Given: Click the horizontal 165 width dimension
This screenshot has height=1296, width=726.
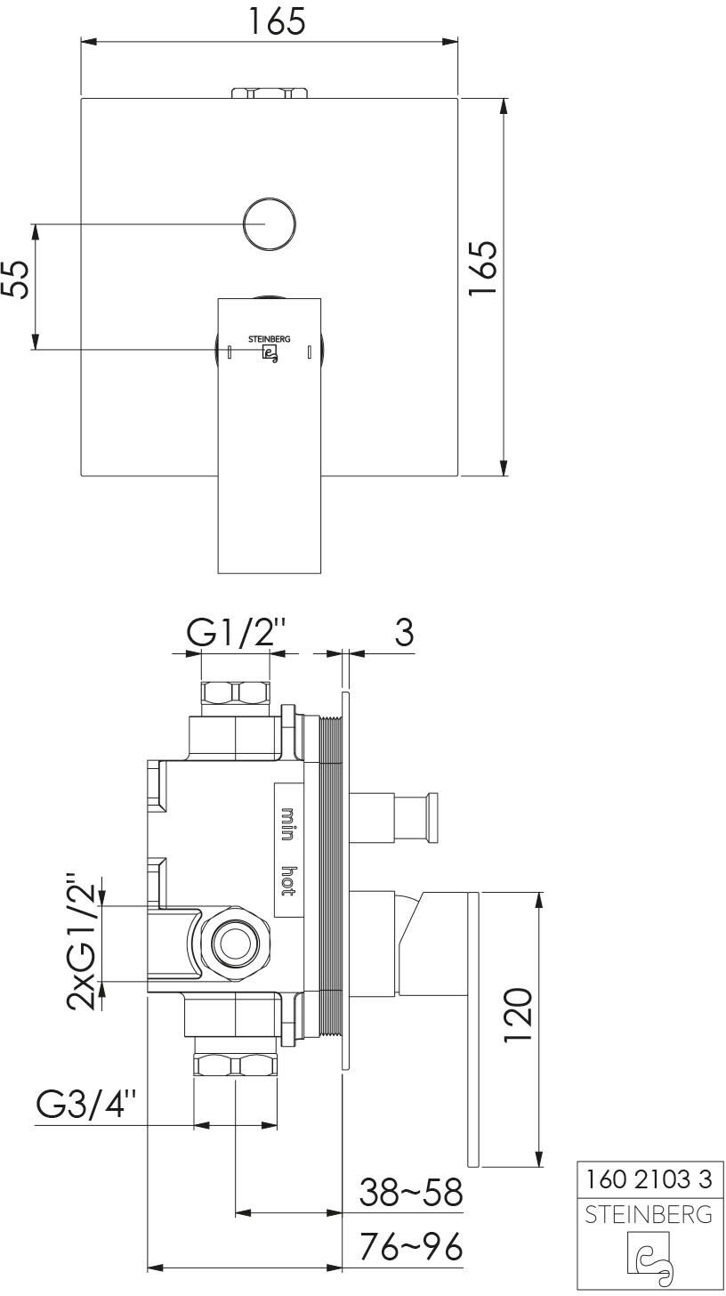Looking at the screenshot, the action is (277, 22).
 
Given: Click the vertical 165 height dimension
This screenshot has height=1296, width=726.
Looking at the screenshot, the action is (483, 269).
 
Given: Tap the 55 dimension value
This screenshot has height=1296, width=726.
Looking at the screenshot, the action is (16, 279).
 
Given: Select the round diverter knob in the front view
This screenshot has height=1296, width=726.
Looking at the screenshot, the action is (270, 224).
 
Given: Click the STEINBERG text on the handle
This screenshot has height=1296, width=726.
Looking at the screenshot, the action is (270, 339).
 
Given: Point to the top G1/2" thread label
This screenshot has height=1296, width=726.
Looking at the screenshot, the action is (237, 633).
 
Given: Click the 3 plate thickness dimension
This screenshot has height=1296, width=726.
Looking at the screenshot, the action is (404, 632).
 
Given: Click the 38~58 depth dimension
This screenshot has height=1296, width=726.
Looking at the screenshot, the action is (411, 1192).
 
